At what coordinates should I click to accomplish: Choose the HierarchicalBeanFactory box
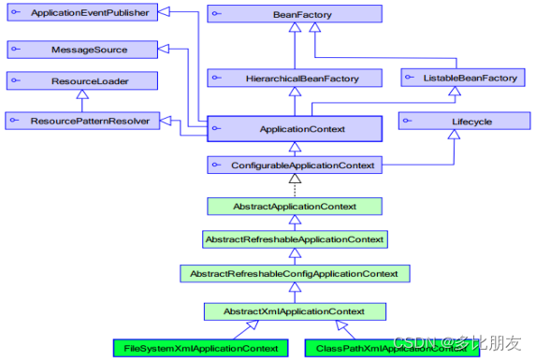pos(295,78)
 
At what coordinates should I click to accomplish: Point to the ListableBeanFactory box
pos(459,78)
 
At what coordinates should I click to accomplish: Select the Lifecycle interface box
pos(459,121)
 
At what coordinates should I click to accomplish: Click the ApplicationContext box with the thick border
pos(295,128)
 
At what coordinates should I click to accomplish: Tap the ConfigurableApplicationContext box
pos(295,165)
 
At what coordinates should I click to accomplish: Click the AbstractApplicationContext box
pos(295,206)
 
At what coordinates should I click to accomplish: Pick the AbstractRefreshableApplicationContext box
pos(295,239)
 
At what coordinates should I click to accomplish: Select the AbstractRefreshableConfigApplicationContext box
pos(295,273)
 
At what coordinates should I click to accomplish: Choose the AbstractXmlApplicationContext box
pos(295,310)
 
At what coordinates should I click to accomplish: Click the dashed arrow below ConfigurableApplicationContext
pos(295,185)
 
